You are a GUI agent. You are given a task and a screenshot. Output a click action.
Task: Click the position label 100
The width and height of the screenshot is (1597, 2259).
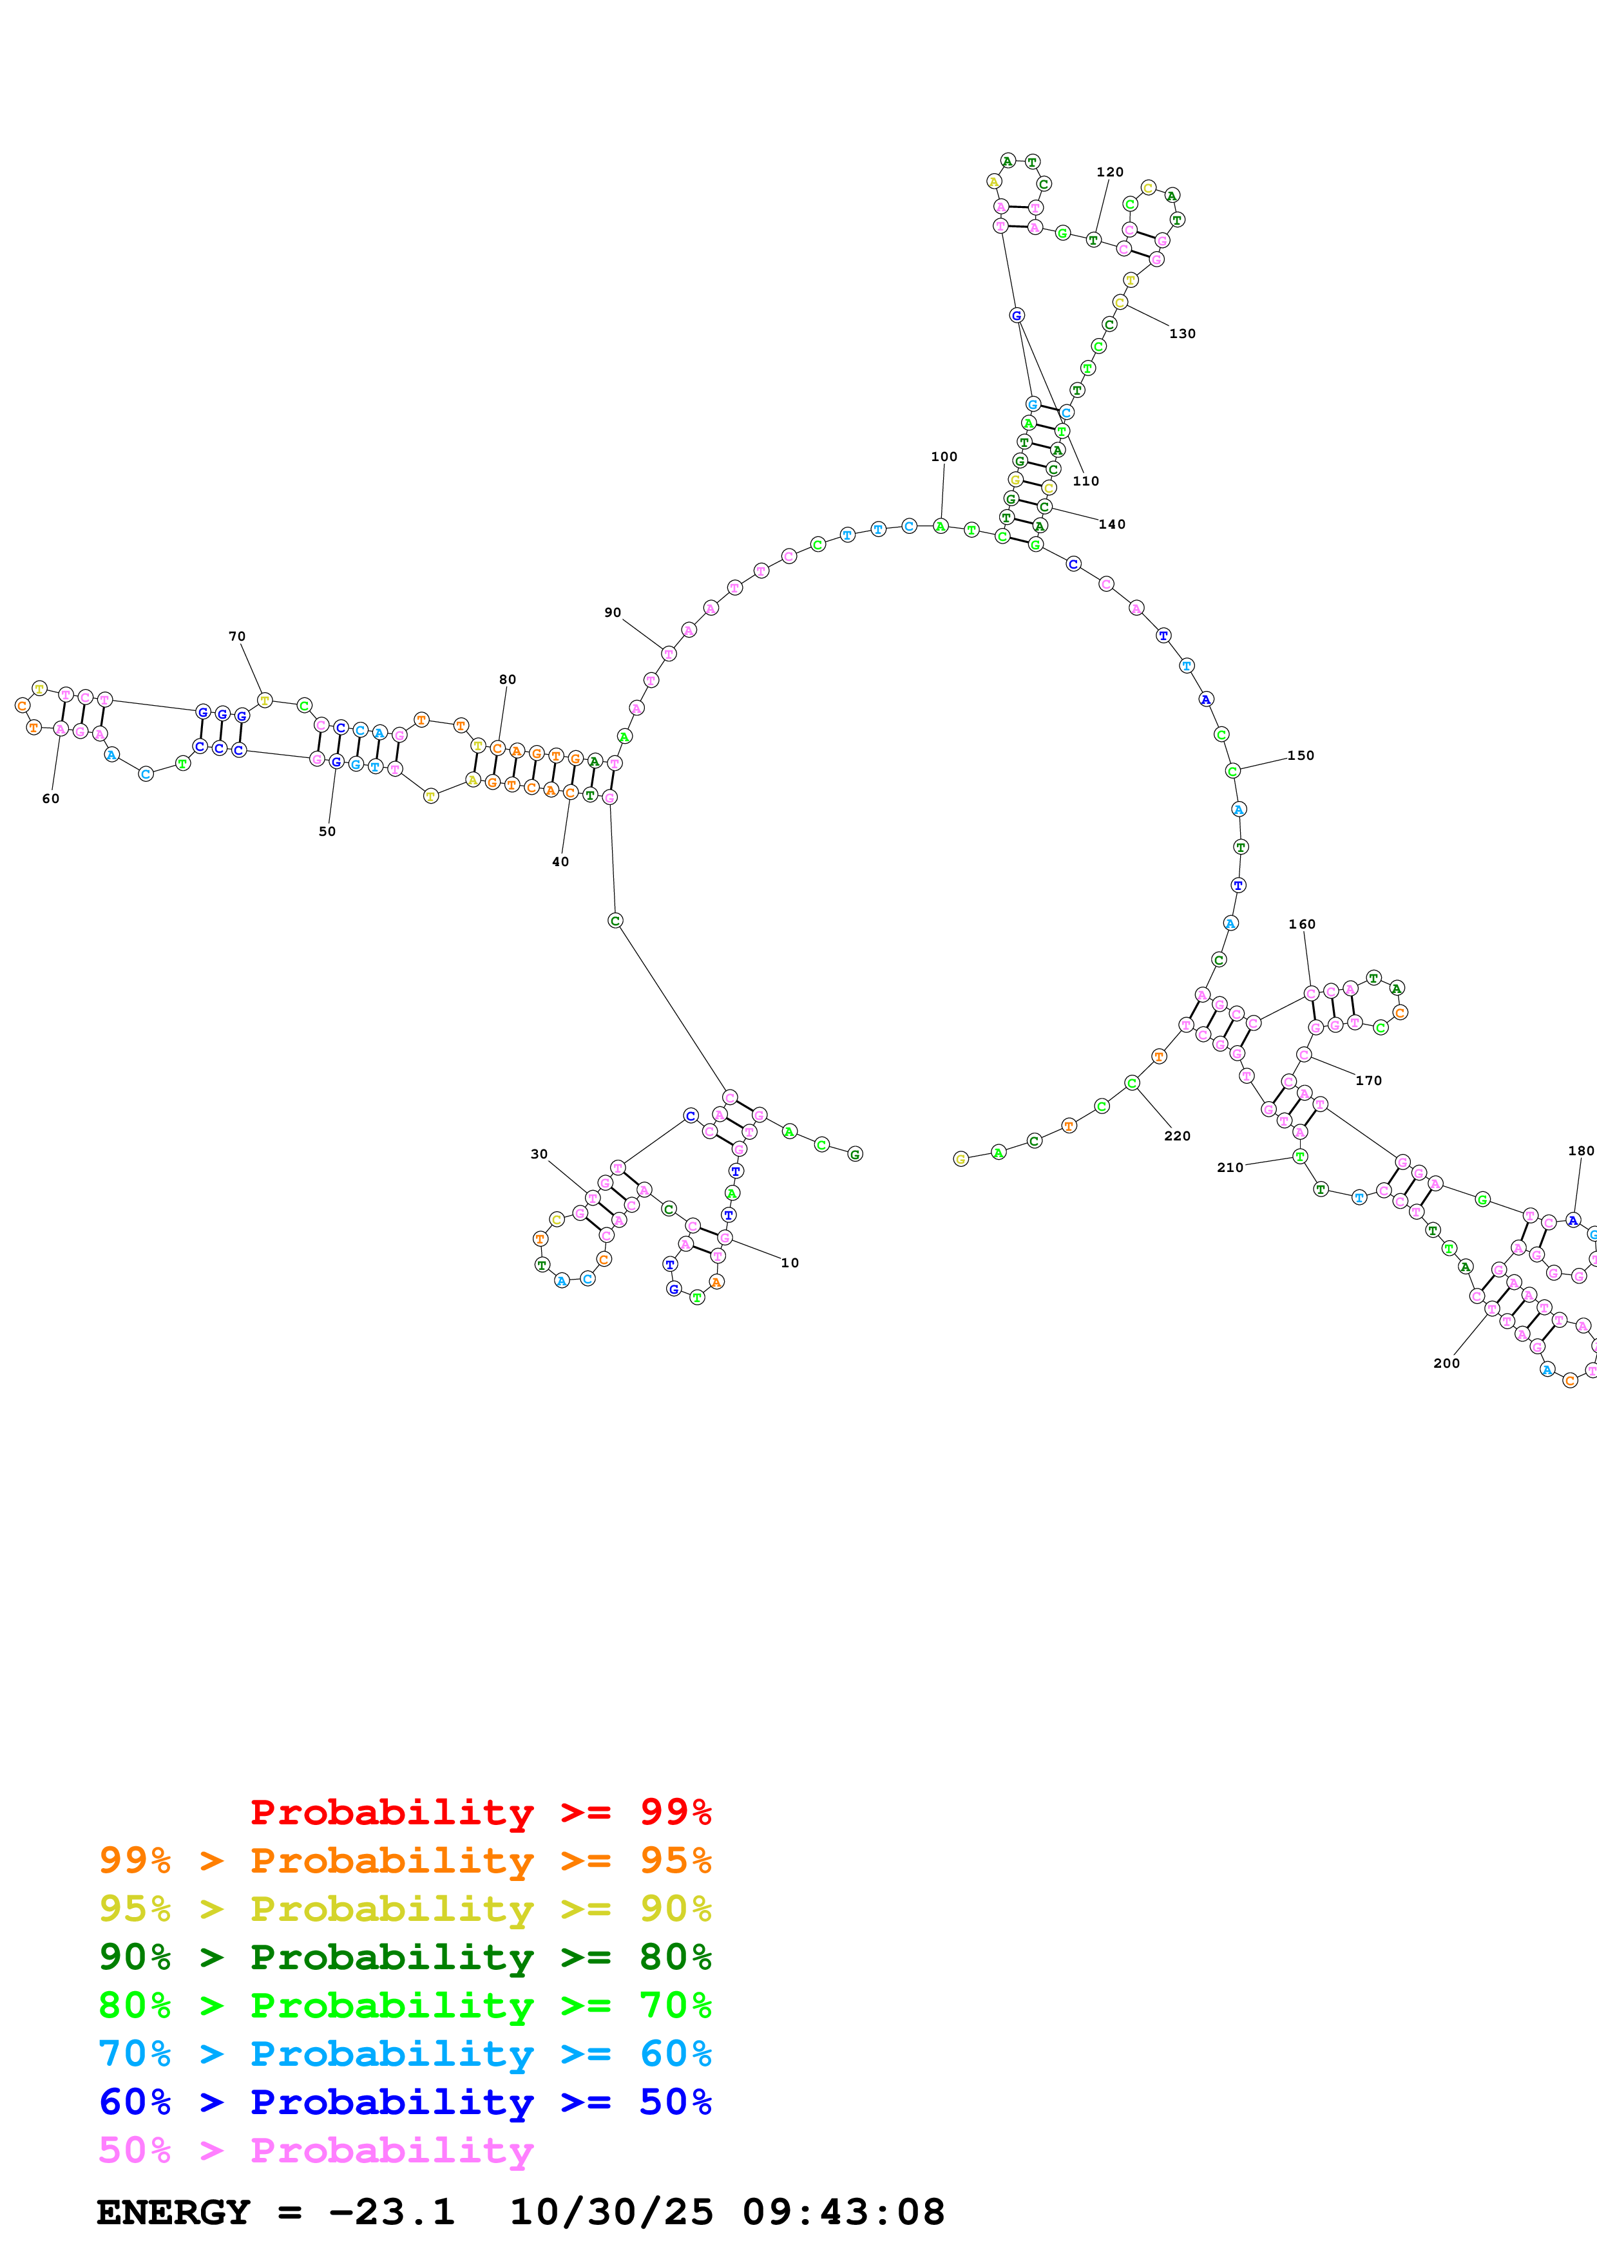944,457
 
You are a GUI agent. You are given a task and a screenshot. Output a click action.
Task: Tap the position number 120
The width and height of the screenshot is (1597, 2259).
1110,172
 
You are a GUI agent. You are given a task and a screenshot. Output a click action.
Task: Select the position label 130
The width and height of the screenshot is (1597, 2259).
1181,334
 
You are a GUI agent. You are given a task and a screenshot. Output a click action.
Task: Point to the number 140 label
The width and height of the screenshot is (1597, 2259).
1112,524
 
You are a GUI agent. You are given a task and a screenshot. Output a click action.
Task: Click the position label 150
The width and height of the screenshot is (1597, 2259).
1300,755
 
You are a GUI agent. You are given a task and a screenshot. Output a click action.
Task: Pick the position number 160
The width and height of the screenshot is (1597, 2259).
1302,924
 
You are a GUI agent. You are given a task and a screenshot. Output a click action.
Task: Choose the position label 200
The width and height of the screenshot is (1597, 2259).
1446,1363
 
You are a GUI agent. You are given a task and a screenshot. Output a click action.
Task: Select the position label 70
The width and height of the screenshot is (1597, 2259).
237,637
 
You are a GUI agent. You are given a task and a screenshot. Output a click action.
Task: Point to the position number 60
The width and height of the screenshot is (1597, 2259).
50,799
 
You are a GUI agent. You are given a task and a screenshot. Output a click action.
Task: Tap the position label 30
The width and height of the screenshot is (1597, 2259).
539,1154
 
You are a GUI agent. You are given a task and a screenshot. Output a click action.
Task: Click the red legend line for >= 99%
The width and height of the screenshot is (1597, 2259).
480,1812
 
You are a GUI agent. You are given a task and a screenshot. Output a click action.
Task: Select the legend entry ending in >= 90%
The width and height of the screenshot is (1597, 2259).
405,1909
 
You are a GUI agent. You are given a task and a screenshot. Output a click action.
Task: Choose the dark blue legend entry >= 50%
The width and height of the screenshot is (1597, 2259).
405,2102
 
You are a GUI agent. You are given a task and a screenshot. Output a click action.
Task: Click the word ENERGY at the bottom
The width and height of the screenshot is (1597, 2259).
173,2212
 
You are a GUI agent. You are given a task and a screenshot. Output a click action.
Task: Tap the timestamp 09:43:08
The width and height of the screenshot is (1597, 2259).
843,2212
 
